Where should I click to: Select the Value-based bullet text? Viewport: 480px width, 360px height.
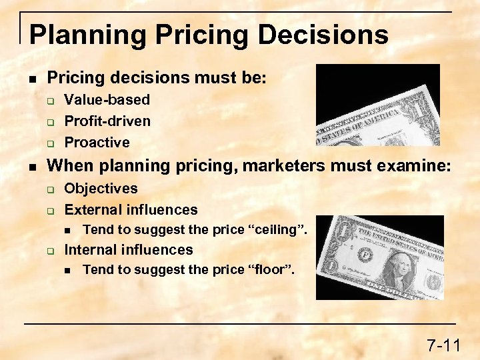pyautogui.click(x=107, y=100)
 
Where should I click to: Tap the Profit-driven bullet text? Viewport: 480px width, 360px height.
pyautogui.click(x=107, y=121)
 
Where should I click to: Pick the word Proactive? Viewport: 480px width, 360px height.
pyautogui.click(x=97, y=142)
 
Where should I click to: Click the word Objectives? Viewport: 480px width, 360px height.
pyautogui.click(x=101, y=189)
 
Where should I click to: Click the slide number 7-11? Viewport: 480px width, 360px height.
pyautogui.click(x=443, y=345)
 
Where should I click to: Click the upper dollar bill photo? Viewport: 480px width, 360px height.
pyautogui.click(x=377, y=105)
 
